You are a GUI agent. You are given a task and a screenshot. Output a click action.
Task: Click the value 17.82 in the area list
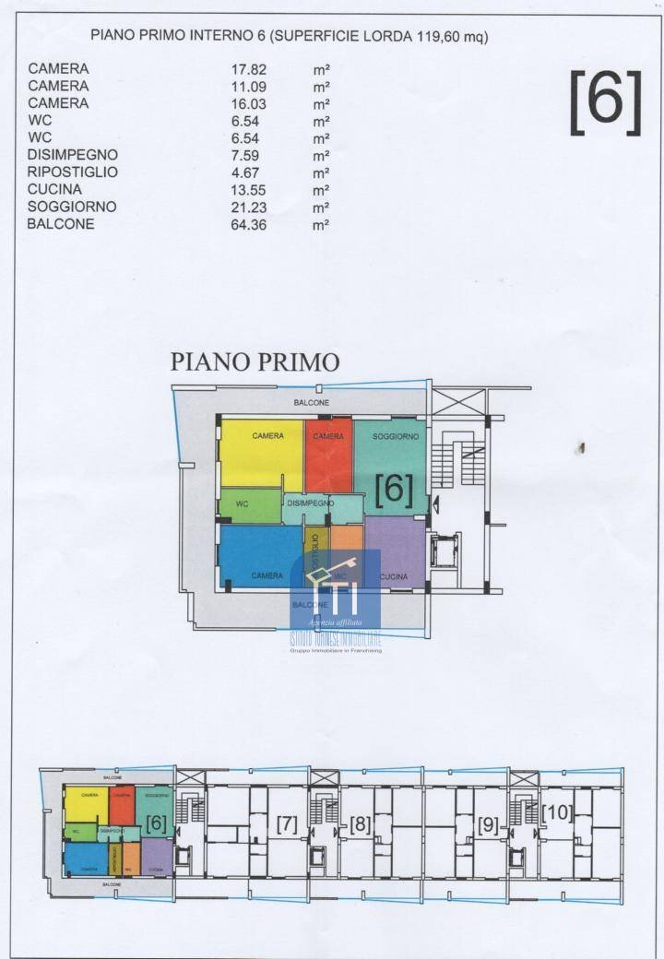[x=248, y=68]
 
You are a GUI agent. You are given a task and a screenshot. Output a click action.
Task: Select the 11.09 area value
[x=248, y=86]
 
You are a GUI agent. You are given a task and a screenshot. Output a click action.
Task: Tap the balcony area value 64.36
[x=248, y=224]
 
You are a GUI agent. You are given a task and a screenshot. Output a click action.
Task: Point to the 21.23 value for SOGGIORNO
[x=248, y=207]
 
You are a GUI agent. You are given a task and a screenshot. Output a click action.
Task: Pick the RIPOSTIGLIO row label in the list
[x=73, y=172]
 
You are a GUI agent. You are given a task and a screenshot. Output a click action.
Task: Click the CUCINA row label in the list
[x=54, y=190]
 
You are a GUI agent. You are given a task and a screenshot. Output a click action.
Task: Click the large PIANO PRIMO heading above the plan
[x=255, y=361]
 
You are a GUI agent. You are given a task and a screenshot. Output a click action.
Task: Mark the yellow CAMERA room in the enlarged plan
[x=261, y=455]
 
